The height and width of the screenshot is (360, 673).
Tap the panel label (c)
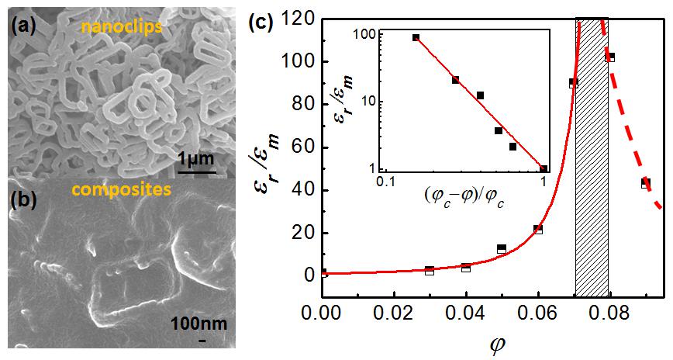[259, 23]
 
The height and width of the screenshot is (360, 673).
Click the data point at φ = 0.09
[645, 183]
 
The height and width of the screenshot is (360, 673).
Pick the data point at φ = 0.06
[537, 229]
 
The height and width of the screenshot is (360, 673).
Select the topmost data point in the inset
[416, 37]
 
